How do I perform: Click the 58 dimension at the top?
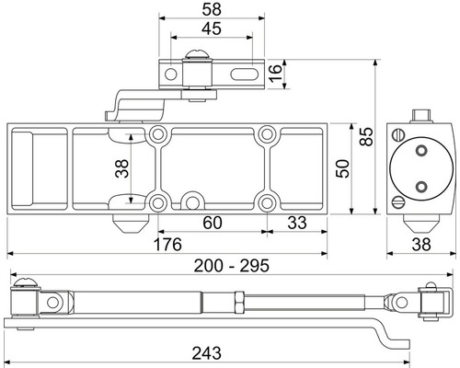[x=212, y=9]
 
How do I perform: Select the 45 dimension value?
[x=212, y=29]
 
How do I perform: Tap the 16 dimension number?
[x=275, y=73]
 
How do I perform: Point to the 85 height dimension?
[x=366, y=136]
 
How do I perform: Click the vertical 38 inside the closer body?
[x=121, y=168]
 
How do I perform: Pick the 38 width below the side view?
[x=421, y=245]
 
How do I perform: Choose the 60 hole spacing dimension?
[x=213, y=223]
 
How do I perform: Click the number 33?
[x=297, y=223]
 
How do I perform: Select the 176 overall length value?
[x=167, y=245]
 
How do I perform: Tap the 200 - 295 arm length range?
[x=232, y=266]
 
